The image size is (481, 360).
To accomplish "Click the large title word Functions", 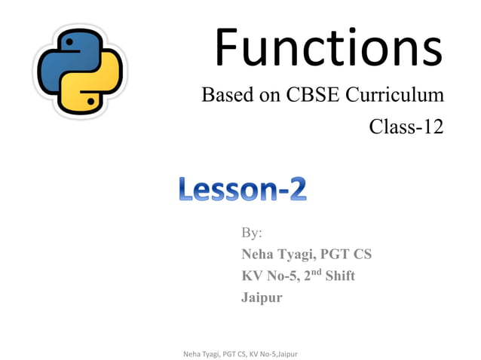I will [x=328, y=47].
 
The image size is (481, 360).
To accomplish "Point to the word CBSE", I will [x=316, y=96].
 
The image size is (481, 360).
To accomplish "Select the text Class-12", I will [x=406, y=127].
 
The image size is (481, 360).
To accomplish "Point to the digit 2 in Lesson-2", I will [x=296, y=188].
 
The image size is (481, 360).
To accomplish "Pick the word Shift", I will [x=340, y=276].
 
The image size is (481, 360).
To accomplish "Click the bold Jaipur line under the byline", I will [x=262, y=297].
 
